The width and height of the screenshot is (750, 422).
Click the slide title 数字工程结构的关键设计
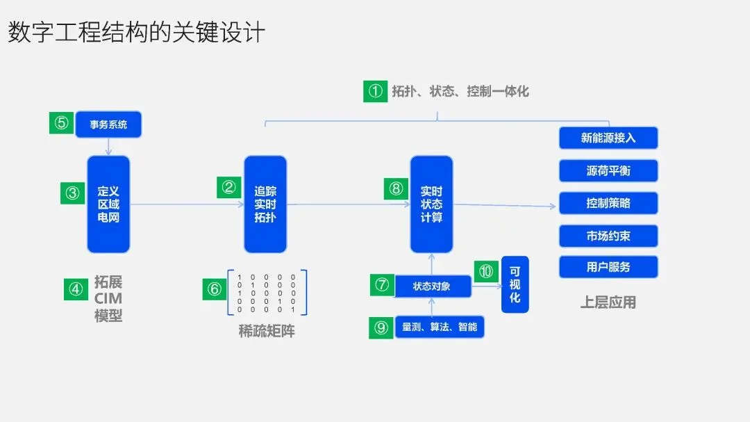(x=136, y=32)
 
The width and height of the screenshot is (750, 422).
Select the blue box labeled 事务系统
(x=108, y=124)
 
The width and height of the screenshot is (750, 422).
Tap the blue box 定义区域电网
(x=108, y=204)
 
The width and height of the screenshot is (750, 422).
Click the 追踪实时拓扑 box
(x=265, y=204)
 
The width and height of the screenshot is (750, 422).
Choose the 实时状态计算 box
(x=431, y=204)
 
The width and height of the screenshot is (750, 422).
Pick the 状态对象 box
(x=432, y=286)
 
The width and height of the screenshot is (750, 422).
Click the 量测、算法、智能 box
(x=439, y=327)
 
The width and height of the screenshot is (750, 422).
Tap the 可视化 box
(x=515, y=284)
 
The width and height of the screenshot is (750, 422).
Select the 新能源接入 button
(x=608, y=138)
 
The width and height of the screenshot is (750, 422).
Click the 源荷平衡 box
(x=608, y=170)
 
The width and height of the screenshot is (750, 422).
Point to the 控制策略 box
(x=608, y=203)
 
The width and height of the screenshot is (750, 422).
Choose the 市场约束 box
(x=608, y=236)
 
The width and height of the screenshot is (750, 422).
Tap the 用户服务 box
(x=608, y=267)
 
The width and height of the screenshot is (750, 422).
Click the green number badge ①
(x=376, y=91)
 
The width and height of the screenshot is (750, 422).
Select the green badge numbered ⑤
(x=62, y=123)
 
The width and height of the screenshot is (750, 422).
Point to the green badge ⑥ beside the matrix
(x=215, y=289)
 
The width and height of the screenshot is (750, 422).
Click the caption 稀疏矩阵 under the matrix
(x=267, y=331)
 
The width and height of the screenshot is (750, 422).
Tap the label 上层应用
(x=608, y=302)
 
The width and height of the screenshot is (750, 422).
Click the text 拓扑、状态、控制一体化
(x=460, y=91)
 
